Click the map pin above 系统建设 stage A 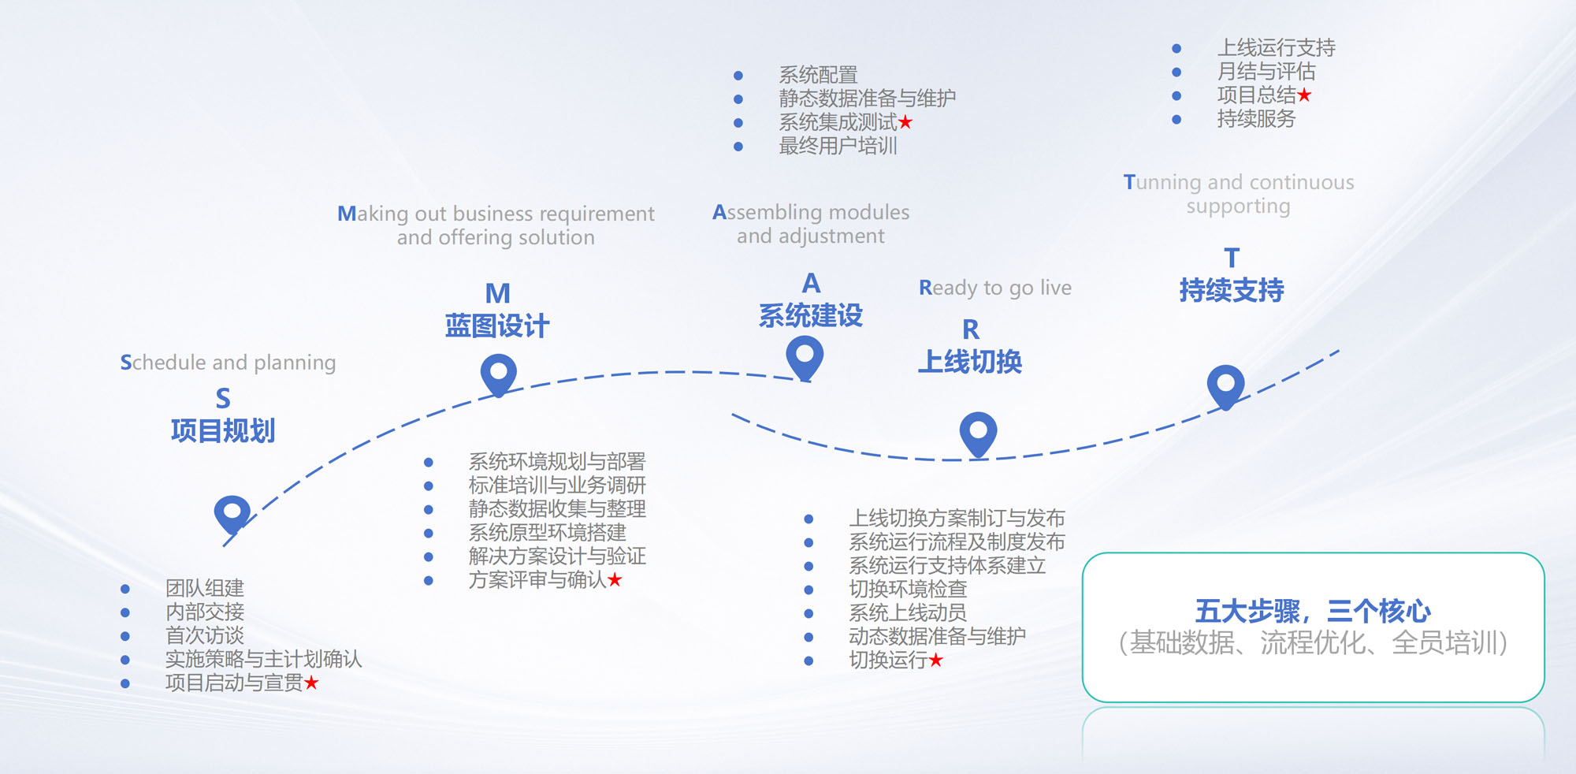tap(805, 355)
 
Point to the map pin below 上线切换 tap(978, 432)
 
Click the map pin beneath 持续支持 tap(1225, 385)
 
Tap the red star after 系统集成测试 tap(905, 122)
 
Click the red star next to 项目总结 tap(1304, 95)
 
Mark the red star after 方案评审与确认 tap(615, 580)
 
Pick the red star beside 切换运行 tap(935, 661)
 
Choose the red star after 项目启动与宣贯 tap(311, 683)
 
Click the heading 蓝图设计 tap(496, 326)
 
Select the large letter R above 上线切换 tap(970, 329)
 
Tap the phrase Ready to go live tap(994, 288)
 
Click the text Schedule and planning tap(228, 363)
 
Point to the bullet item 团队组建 tap(205, 588)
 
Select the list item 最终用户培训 tap(838, 146)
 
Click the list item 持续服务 tap(1256, 119)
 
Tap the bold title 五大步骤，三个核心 tap(1312, 611)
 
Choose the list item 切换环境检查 tap(907, 590)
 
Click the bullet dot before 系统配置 tap(738, 76)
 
